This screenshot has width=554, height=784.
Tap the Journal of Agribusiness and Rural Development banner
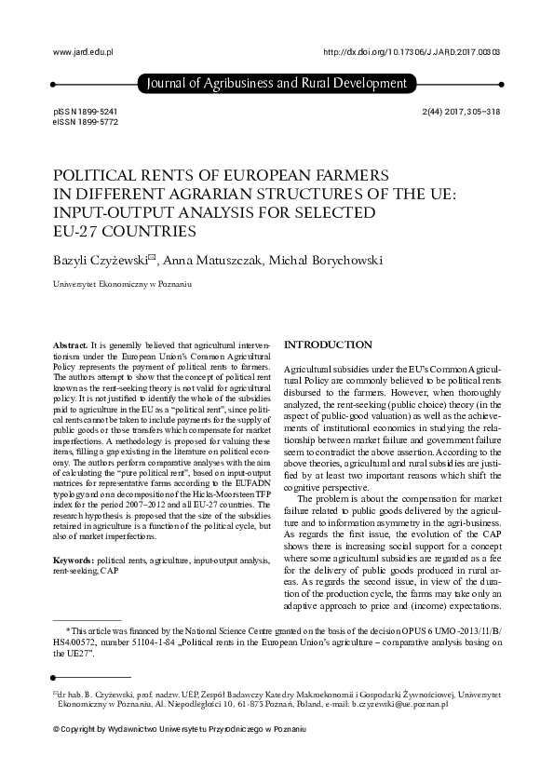pyautogui.click(x=277, y=85)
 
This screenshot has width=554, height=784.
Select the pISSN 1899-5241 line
pyautogui.click(x=86, y=110)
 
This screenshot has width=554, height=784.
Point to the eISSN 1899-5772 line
pyautogui.click(x=86, y=122)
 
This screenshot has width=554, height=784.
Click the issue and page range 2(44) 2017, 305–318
pyautogui.click(x=461, y=110)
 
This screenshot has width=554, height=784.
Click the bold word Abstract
pyautogui.click(x=72, y=345)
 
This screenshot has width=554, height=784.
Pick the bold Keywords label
pyautogui.click(x=74, y=560)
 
